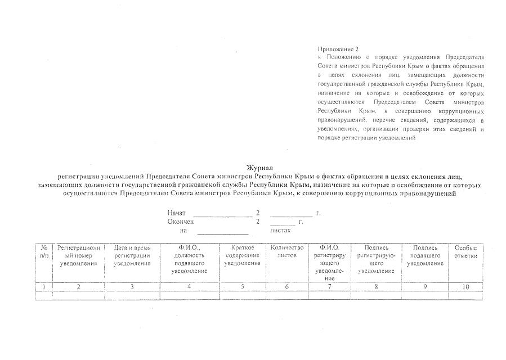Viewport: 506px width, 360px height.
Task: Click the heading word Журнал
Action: tap(259, 168)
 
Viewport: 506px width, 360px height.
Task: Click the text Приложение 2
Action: tap(338, 49)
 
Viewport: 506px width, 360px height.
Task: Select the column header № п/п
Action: tap(43, 251)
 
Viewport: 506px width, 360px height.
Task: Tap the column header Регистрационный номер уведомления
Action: tap(78, 255)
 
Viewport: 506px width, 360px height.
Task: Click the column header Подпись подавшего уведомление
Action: tap(425, 255)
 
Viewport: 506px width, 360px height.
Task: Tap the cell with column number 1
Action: tap(43, 287)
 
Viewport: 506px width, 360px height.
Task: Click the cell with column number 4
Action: tap(189, 287)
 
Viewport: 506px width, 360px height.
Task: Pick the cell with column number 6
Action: tap(287, 287)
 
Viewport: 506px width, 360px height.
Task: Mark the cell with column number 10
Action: tap(465, 287)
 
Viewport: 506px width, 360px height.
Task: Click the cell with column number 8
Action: tap(376, 287)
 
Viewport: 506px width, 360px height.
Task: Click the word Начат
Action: tap(176, 213)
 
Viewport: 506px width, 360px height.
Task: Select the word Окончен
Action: tap(180, 222)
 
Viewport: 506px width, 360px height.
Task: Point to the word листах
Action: tap(280, 230)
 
